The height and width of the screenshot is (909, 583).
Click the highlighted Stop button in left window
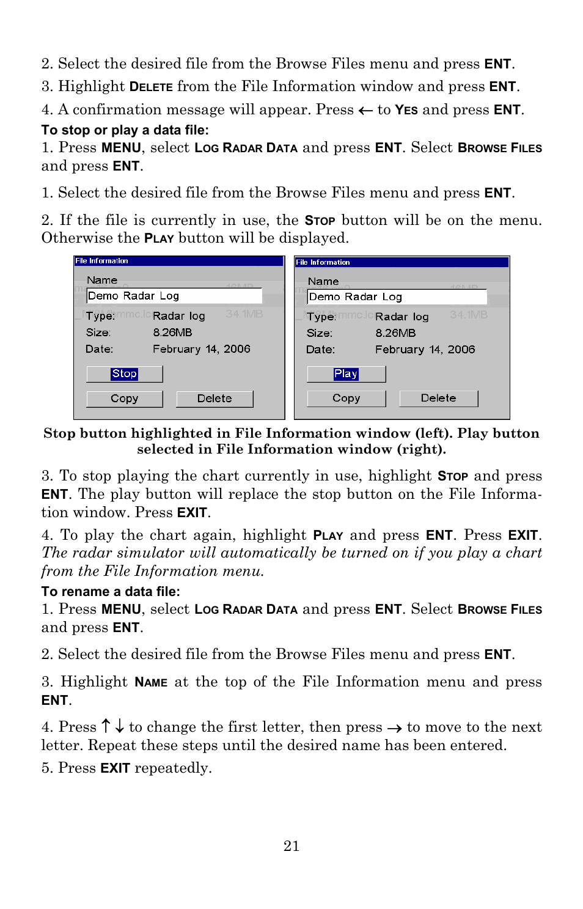[x=125, y=374]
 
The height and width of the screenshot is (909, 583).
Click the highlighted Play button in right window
[x=346, y=374]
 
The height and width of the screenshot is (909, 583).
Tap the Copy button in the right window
[x=346, y=398]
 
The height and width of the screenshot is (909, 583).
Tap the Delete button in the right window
[x=438, y=398]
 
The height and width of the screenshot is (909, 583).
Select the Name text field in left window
[x=174, y=296]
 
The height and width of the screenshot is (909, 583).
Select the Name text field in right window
[x=397, y=297]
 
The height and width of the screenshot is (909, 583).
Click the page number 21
[x=291, y=846]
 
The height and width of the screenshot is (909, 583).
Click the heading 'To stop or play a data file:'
[x=125, y=130]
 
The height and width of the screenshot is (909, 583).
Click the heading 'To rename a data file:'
[x=111, y=592]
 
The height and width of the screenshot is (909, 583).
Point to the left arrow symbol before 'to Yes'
[x=365, y=111]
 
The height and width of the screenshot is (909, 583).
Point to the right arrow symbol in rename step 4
[x=394, y=728]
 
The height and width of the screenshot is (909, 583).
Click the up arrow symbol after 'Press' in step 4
[x=106, y=726]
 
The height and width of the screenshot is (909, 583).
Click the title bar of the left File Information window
[x=179, y=261]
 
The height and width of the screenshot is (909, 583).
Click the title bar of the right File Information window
[x=402, y=262]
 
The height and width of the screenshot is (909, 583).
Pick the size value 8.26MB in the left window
[x=172, y=333]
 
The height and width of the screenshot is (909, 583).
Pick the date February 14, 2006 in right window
[x=425, y=350]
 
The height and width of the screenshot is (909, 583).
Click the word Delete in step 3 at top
[x=151, y=87]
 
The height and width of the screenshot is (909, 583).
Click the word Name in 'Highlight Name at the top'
[x=151, y=682]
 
